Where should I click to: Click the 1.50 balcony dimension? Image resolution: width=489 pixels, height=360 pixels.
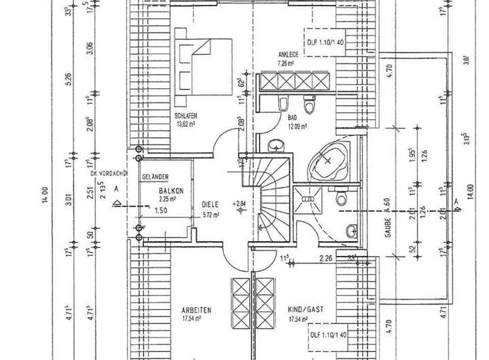click(x=160, y=211)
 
